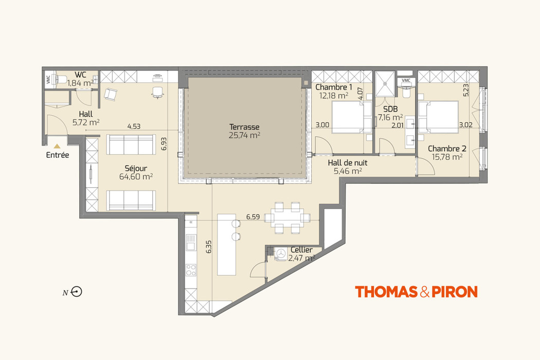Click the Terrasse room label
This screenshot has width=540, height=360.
(244, 127)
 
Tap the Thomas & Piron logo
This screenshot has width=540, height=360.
(416, 292)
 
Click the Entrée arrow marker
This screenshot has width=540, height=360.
(57, 146)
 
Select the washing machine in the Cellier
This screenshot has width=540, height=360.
(281, 254)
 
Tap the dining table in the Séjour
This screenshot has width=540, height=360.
(287, 218)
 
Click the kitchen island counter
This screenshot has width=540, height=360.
(227, 244)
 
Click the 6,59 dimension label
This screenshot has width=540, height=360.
(253, 217)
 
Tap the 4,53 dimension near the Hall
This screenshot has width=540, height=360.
(134, 127)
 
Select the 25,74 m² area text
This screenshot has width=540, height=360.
(244, 135)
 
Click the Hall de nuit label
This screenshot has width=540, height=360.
(348, 163)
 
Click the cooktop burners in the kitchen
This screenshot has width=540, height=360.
(191, 269)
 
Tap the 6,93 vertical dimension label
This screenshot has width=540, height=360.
(164, 143)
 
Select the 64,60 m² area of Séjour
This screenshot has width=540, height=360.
(136, 177)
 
